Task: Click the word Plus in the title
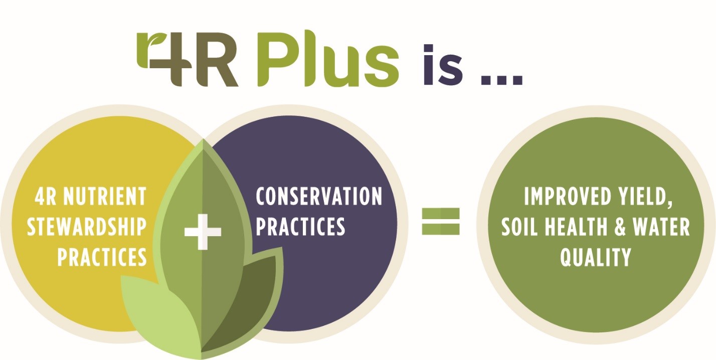tap(328, 59)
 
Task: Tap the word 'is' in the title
tap(443, 65)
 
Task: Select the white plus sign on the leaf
tap(203, 232)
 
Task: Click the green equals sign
tap(441, 222)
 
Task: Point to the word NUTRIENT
tap(105, 197)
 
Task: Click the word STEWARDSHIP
tap(87, 227)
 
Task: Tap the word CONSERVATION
tap(319, 196)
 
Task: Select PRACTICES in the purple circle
tap(300, 226)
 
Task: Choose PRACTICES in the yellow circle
tap(102, 257)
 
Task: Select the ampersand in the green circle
tap(620, 227)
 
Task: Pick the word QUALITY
tap(596, 257)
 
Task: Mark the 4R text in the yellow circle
tap(45, 197)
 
